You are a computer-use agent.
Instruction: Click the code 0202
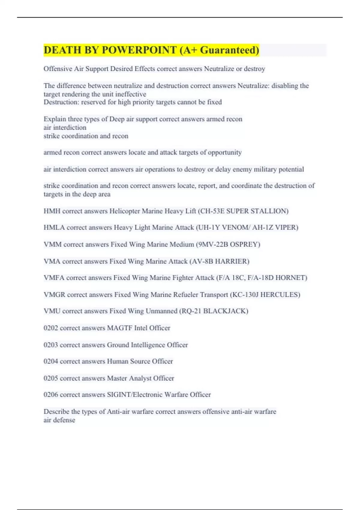point(51,328)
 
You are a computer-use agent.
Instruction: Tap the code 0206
point(51,395)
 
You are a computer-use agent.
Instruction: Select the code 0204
point(51,361)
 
